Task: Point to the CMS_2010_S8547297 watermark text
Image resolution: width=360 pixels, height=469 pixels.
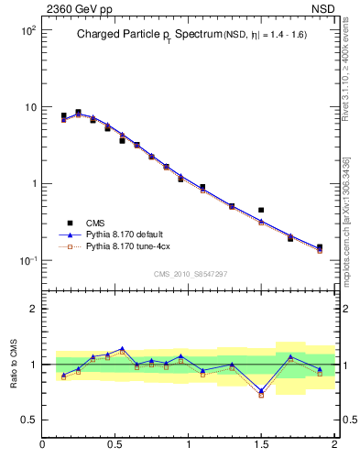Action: tap(190, 274)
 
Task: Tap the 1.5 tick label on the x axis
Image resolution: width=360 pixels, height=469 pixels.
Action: tap(261, 444)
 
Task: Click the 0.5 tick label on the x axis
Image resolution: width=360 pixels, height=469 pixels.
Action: tap(115, 444)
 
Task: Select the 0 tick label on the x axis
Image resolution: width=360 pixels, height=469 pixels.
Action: tap(43, 444)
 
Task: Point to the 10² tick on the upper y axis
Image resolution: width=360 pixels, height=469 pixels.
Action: tap(28, 31)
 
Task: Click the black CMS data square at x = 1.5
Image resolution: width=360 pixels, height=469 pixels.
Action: tap(261, 210)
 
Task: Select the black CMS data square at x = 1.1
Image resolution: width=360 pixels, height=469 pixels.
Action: tap(202, 187)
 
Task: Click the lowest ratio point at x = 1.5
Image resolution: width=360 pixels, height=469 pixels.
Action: tap(261, 395)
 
